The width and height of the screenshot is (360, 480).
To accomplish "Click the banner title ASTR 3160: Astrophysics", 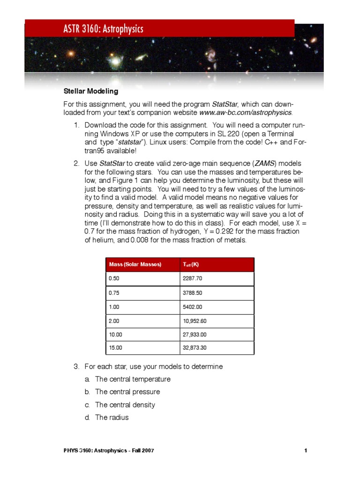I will pyautogui.click(x=103, y=29).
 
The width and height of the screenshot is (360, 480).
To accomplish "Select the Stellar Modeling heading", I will pyautogui.click(x=91, y=91).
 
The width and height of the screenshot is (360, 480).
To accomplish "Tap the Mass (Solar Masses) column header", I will pyautogui.click(x=135, y=264).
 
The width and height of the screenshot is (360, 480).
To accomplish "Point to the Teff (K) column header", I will pyautogui.click(x=191, y=264).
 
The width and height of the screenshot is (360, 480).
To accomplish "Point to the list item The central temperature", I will pyautogui.click(x=133, y=379).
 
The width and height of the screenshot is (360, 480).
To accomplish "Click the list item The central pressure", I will pyautogui.click(x=127, y=391).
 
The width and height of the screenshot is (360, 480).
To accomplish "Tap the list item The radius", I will pyautogui.click(x=112, y=417).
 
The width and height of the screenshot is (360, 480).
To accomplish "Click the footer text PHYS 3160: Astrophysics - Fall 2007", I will pyautogui.click(x=109, y=451).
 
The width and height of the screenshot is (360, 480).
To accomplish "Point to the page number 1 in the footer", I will pyautogui.click(x=305, y=451).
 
